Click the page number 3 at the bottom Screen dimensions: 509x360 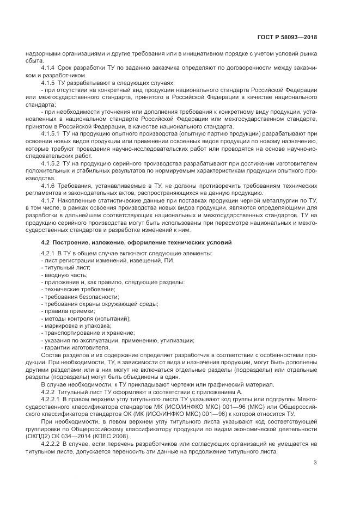point(315,463)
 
